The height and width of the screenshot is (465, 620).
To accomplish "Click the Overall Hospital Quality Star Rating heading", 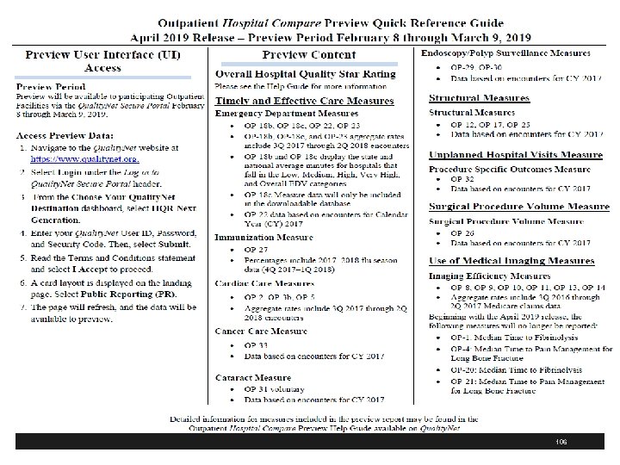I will (x=306, y=74).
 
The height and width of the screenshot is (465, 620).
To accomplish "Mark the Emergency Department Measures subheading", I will (x=284, y=113).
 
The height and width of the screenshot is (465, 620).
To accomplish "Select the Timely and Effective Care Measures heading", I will (x=304, y=100).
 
